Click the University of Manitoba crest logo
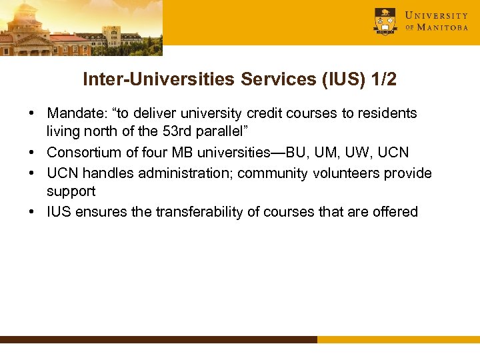coord(385,21)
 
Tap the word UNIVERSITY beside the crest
coord(437,15)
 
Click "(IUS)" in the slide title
coord(337,80)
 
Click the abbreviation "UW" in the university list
coord(359,153)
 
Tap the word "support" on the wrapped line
coord(71,191)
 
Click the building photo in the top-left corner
coord(80,27)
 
